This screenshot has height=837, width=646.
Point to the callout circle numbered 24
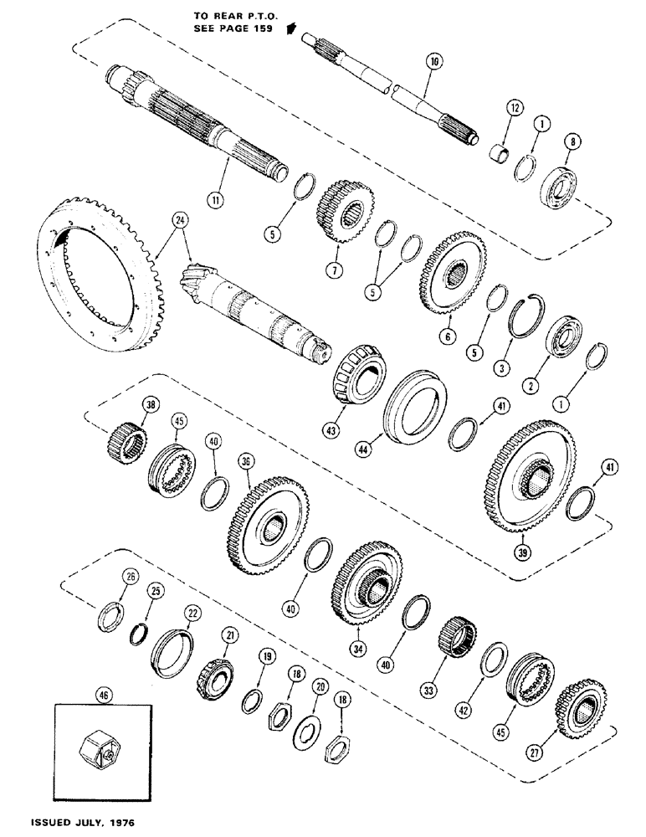[x=177, y=223]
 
